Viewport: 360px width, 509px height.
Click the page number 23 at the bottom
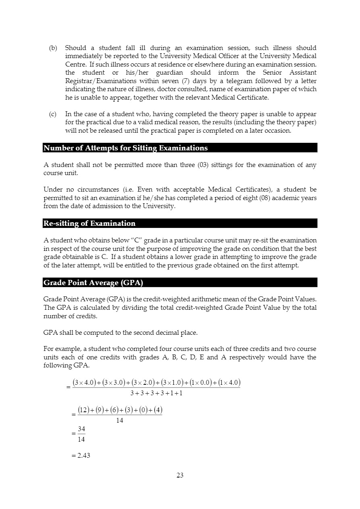pos(180,475)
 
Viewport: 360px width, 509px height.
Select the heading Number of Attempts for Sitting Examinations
pos(125,148)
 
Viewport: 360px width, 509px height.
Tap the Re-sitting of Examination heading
pos(89,223)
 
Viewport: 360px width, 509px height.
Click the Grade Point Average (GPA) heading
pos(93,283)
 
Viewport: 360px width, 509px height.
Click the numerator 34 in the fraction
pos(81,429)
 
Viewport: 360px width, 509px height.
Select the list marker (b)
pos(53,48)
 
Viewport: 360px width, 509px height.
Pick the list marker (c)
pos(53,114)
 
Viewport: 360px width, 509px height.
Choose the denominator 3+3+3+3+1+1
pos(156,393)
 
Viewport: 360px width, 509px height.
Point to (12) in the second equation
pos(83,410)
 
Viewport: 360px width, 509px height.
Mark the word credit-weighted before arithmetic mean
pos(144,299)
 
